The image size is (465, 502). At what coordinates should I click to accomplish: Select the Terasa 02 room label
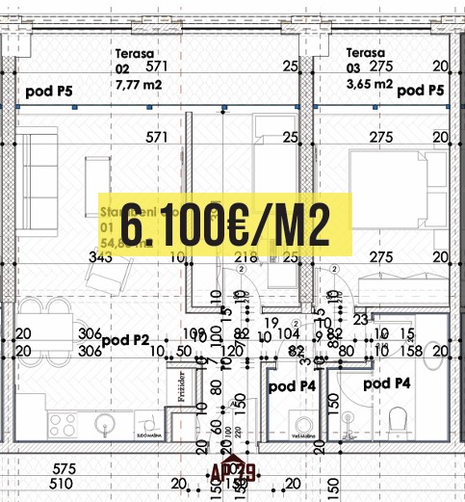pyautogui.click(x=135, y=62)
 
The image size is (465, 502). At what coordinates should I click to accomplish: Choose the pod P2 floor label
pyautogui.click(x=125, y=339)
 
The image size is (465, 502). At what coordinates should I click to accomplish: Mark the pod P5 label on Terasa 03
pyautogui.click(x=420, y=92)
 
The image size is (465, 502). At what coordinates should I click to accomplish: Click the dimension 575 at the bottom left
pyautogui.click(x=64, y=469)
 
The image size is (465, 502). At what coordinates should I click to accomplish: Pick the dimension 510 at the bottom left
pyautogui.click(x=64, y=484)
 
